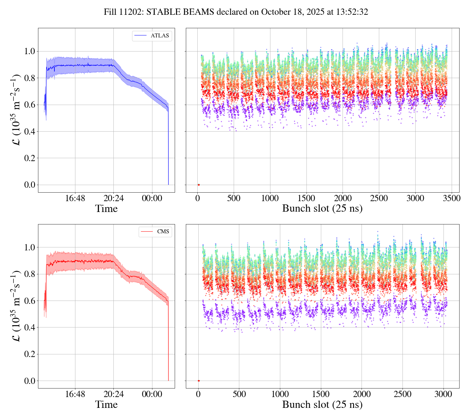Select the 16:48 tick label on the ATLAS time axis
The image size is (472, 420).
[75, 198]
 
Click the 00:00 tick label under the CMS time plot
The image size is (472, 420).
[152, 394]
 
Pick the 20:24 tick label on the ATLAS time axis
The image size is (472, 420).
[113, 198]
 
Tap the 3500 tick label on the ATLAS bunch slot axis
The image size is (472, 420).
[451, 198]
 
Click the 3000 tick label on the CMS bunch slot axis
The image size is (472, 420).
[443, 394]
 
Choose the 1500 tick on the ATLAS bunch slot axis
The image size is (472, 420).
[306, 198]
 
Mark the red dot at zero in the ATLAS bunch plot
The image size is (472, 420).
[199, 185]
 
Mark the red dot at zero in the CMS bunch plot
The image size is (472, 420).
[199, 381]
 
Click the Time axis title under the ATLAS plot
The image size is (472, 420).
[106, 209]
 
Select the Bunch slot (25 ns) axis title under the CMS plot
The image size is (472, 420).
[322, 405]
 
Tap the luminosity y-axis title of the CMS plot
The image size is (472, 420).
[16, 306]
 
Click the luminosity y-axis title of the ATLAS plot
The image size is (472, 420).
[16, 110]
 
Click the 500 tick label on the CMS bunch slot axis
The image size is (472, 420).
[239, 394]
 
